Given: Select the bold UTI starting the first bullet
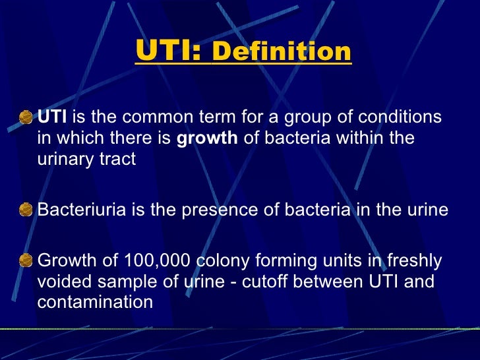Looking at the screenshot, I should pyautogui.click(x=52, y=117).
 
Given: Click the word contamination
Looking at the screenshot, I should pyautogui.click(x=95, y=302).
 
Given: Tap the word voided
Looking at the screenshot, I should pyautogui.click(x=65, y=282).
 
